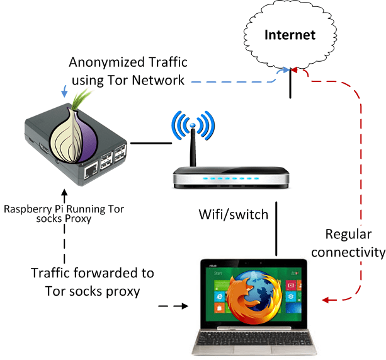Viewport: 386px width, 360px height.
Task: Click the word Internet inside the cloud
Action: [290, 35]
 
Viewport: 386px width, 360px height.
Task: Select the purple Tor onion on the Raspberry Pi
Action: [76, 135]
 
